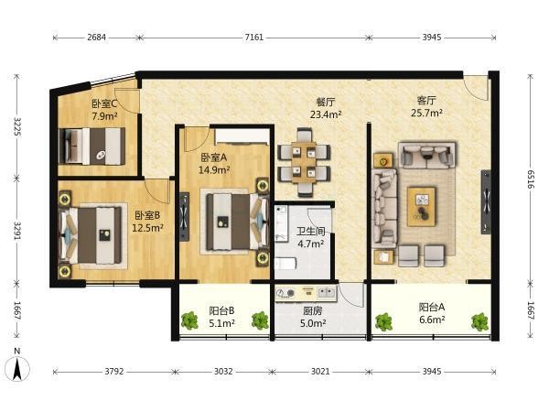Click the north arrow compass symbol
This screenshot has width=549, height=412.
click(17, 369)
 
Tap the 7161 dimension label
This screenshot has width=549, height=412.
click(253, 38)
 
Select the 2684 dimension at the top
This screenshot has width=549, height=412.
click(96, 38)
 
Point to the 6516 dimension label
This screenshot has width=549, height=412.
click(531, 179)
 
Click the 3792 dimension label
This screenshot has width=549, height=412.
click(114, 371)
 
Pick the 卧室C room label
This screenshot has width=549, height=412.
click(104, 103)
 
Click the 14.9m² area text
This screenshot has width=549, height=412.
click(214, 170)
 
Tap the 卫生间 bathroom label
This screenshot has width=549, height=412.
click(310, 232)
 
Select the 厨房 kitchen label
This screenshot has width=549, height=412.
click(313, 310)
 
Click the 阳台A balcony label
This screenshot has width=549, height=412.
click(432, 308)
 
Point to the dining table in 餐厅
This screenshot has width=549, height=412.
click(304, 162)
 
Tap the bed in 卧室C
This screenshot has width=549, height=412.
click(92, 146)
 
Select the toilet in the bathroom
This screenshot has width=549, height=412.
click(285, 264)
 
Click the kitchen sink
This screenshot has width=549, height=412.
click(326, 292)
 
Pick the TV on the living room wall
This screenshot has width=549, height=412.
click(486, 201)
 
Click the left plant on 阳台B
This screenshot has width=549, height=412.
click(189, 320)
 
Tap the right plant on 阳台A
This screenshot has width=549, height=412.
click(479, 322)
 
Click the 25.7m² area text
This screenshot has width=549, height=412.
click(426, 113)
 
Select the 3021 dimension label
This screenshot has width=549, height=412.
click(320, 371)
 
